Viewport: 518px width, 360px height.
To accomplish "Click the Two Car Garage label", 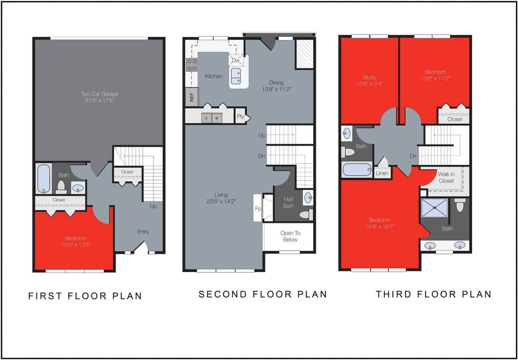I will [x=99, y=94].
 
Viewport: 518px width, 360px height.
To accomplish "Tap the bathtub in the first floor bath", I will [x=44, y=179].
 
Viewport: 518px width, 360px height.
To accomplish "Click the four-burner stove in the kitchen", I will [x=191, y=65].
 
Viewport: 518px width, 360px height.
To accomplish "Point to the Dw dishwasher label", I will [x=236, y=60].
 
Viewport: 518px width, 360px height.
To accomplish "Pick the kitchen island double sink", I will [x=236, y=75].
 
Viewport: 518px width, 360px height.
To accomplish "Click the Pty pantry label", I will [x=241, y=117].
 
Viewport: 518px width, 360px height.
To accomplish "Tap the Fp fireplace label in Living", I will [x=257, y=209].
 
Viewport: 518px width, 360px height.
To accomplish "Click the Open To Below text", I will [x=290, y=236].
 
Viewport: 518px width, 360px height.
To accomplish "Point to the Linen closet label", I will [x=382, y=173].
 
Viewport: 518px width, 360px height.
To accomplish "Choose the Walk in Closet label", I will [x=446, y=177].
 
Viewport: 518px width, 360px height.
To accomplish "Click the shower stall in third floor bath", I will [x=434, y=208].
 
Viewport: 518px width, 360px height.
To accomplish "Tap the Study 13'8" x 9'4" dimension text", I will [x=369, y=84].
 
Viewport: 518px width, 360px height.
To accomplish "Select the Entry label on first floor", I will [x=143, y=232].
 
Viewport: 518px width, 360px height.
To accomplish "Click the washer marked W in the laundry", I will [x=216, y=118].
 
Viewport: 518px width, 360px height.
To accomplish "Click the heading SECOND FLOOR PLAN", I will [x=262, y=294].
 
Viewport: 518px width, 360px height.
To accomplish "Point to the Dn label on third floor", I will [x=413, y=156].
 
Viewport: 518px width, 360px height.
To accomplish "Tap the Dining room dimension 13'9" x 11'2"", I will [x=277, y=89].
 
